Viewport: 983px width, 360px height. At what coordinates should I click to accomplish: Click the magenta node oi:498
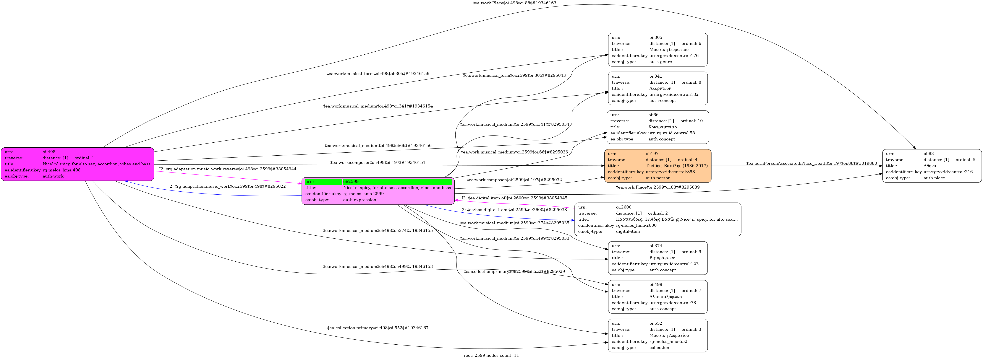[78, 164]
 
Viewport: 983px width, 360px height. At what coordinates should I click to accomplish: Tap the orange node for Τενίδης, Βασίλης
[657, 166]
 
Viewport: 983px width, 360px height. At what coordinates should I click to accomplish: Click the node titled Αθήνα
[931, 166]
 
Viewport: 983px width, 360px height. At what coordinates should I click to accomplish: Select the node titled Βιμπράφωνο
[657, 258]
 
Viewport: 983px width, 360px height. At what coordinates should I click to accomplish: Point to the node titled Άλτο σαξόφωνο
[657, 297]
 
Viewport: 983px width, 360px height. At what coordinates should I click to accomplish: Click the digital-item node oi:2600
[657, 219]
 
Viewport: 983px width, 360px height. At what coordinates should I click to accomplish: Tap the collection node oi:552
[657, 336]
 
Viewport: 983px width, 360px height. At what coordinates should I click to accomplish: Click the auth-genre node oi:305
[657, 50]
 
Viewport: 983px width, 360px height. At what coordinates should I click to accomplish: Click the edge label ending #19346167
[377, 328]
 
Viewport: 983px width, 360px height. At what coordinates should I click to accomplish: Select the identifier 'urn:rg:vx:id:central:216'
[948, 172]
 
